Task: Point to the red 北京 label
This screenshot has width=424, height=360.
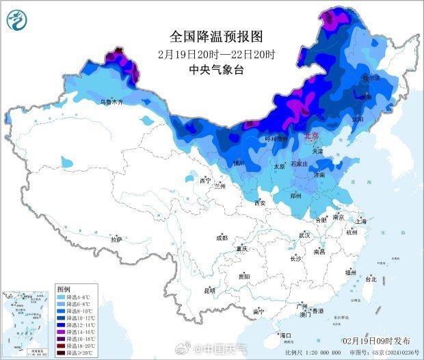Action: coord(310,136)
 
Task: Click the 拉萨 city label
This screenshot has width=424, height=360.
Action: coord(116,240)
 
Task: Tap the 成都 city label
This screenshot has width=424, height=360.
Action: coord(222,238)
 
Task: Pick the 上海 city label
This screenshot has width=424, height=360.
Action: coord(362,221)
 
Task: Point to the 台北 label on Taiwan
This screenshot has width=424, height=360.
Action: coord(371,279)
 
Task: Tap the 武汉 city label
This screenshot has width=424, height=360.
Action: coord(305,235)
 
